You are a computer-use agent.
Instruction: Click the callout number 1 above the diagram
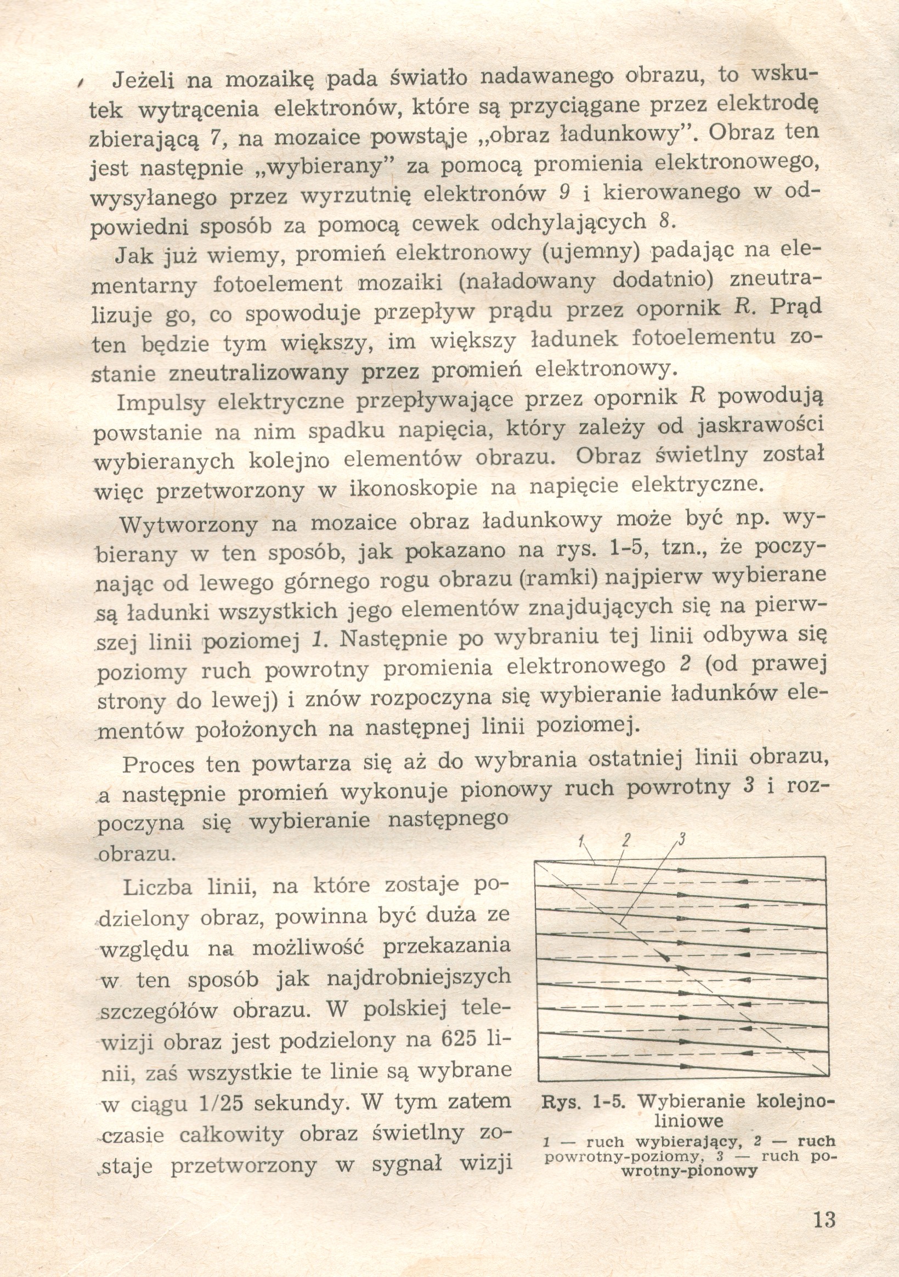coord(580,841)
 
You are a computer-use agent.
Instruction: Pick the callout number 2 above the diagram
coord(625,839)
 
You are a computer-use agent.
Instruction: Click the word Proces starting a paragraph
coord(159,764)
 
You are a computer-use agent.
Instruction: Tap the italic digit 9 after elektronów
coord(565,193)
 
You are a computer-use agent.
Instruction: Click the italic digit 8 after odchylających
coord(663,221)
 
